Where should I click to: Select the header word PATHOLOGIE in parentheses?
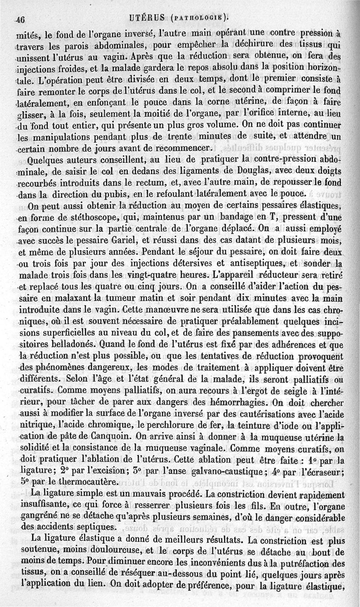pos(196,19)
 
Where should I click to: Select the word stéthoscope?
pos(78,219)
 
